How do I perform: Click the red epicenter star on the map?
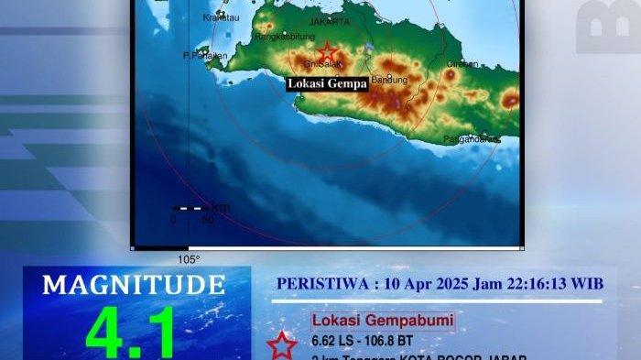pyautogui.click(x=326, y=52)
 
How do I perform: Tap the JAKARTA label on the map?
pyautogui.click(x=331, y=21)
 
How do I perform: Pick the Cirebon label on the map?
pyautogui.click(x=462, y=64)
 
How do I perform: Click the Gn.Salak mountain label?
pyautogui.click(x=322, y=65)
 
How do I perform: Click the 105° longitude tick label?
pyautogui.click(x=189, y=259)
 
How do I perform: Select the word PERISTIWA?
pyautogui.click(x=321, y=284)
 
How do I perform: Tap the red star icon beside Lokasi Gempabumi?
pyautogui.click(x=282, y=345)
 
